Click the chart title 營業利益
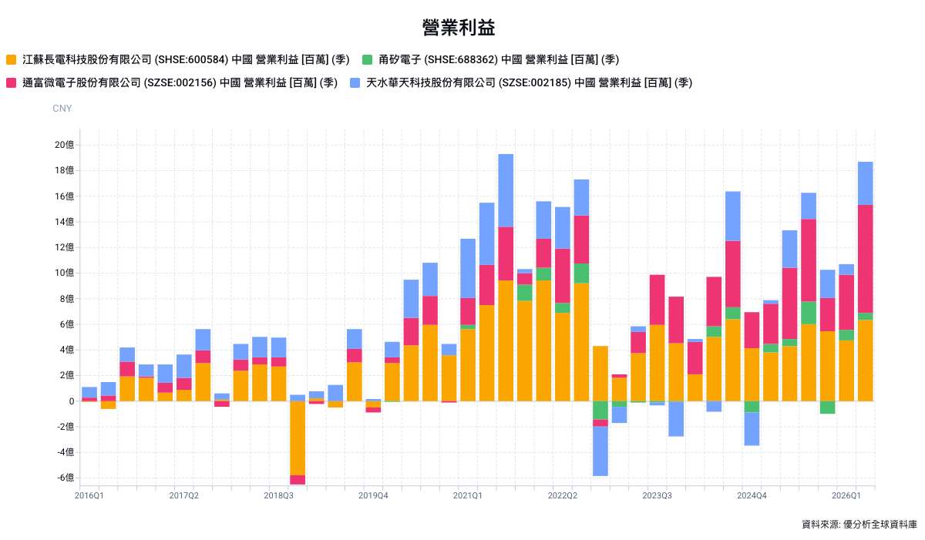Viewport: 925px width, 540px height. pyautogui.click(x=459, y=28)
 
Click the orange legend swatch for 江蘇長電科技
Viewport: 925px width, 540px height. pyautogui.click(x=11, y=60)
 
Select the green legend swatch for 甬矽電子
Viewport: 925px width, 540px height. pyautogui.click(x=367, y=60)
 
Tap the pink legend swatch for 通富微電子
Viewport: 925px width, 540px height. pyautogui.click(x=11, y=83)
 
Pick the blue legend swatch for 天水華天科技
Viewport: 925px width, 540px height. pyautogui.click(x=355, y=83)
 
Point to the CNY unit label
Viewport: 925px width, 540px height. pyautogui.click(x=62, y=109)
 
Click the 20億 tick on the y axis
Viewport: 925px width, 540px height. pyautogui.click(x=65, y=145)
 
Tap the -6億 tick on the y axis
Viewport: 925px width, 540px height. pyautogui.click(x=66, y=478)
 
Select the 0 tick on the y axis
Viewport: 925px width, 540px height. pyautogui.click(x=72, y=401)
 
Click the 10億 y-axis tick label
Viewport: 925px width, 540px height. pyautogui.click(x=65, y=273)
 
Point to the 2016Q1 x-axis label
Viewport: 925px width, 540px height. pyautogui.click(x=89, y=495)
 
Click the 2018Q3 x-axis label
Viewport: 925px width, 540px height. pyautogui.click(x=278, y=495)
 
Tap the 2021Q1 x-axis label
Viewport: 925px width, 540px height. pyautogui.click(x=467, y=495)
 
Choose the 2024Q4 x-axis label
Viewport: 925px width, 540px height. pyautogui.click(x=752, y=495)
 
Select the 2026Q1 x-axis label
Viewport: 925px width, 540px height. pyautogui.click(x=846, y=495)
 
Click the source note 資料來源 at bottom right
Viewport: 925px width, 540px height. pyautogui.click(x=859, y=525)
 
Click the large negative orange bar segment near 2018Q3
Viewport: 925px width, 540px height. pyautogui.click(x=298, y=438)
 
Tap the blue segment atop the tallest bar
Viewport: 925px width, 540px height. pyautogui.click(x=506, y=190)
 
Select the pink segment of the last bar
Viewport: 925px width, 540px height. pyautogui.click(x=865, y=259)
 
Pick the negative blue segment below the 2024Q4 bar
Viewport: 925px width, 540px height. pyautogui.click(x=752, y=429)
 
